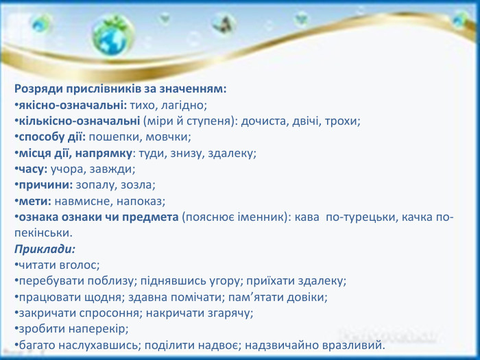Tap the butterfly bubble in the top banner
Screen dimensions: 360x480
(x=221, y=25)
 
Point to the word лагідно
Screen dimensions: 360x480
(x=182, y=106)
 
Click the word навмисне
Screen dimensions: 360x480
(x=80, y=200)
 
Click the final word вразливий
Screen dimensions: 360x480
(x=357, y=344)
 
